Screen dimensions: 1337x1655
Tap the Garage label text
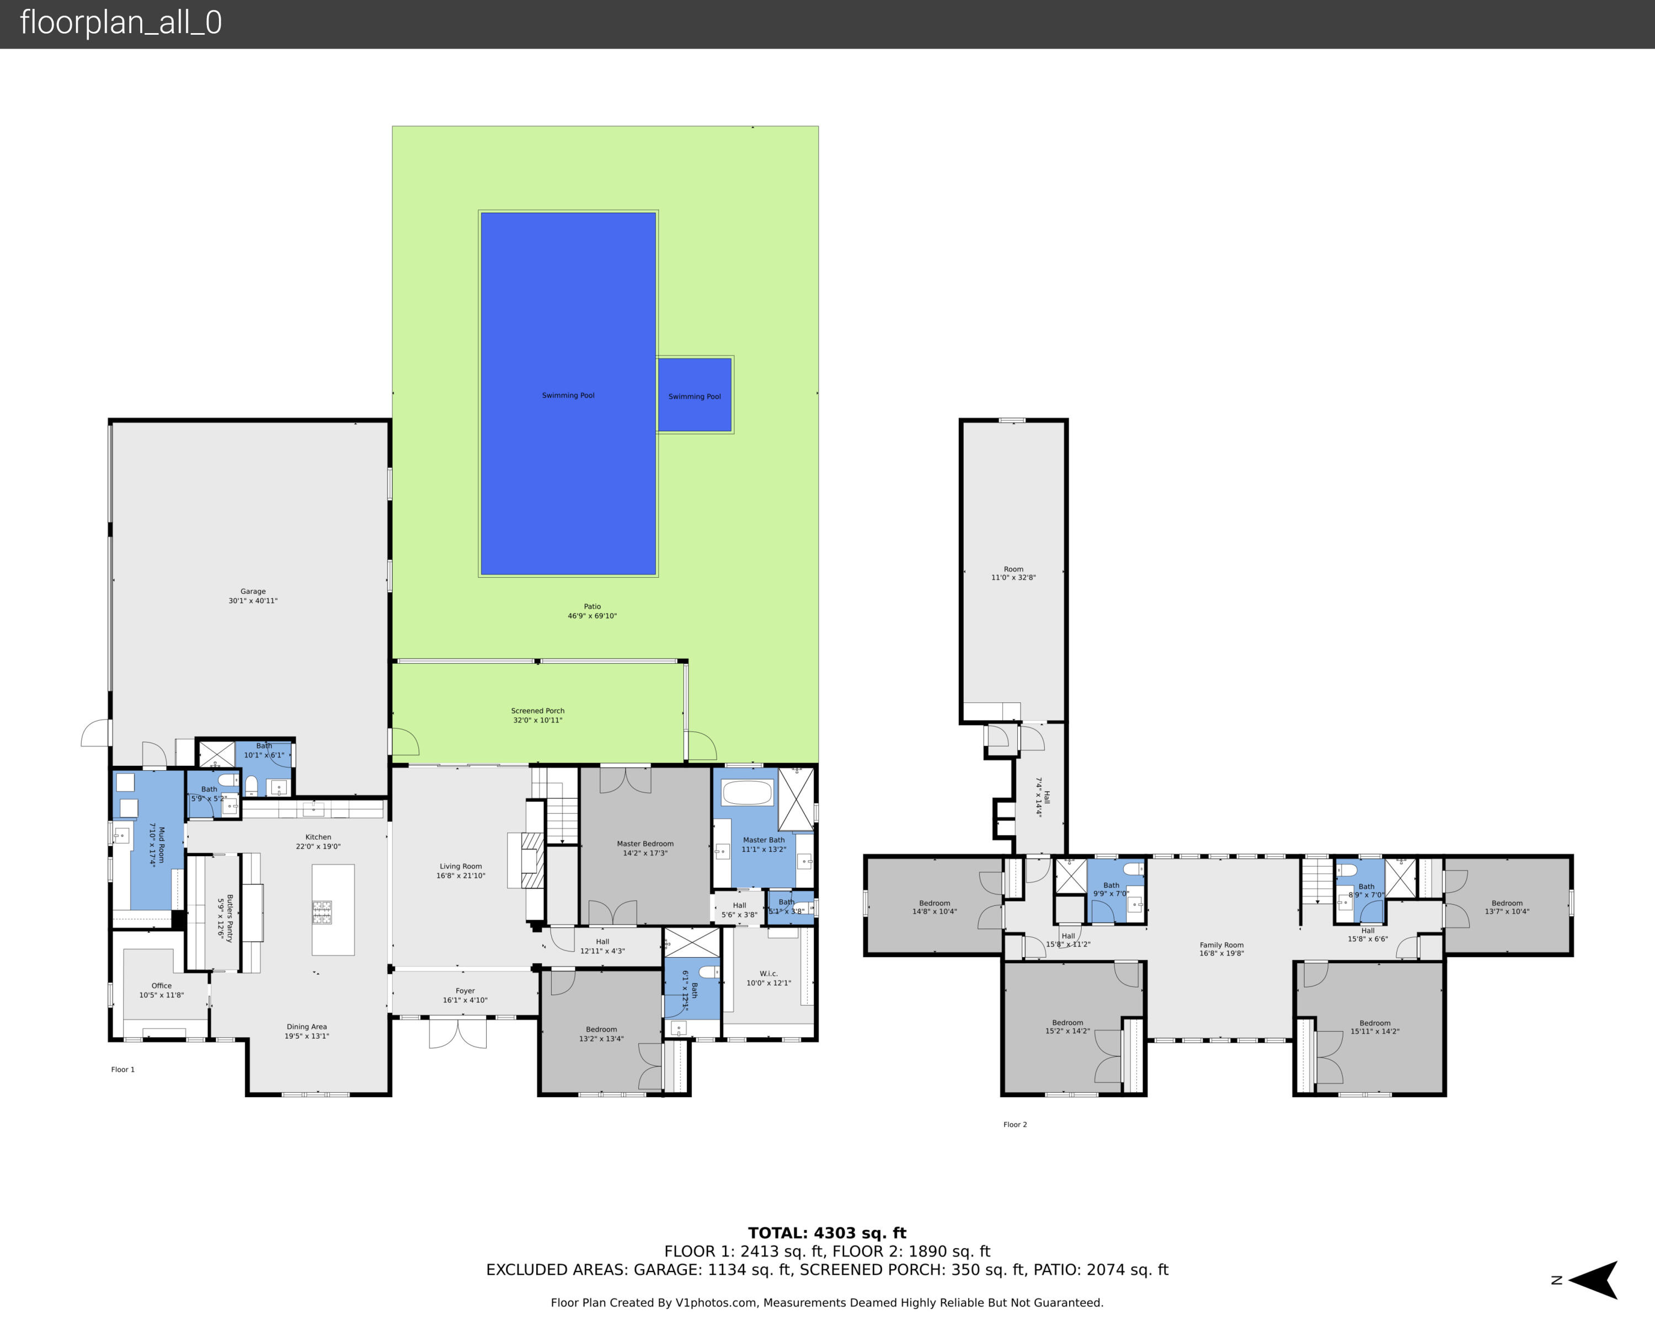tap(253, 596)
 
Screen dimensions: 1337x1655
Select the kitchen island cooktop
tap(322, 912)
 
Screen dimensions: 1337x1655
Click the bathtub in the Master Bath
tap(746, 792)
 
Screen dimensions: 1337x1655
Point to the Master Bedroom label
tap(645, 848)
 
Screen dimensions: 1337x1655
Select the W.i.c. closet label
tap(768, 978)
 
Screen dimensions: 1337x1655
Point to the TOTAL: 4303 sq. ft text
tap(827, 1233)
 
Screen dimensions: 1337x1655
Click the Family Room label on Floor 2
tap(1221, 949)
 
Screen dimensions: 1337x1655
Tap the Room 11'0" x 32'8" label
tap(1013, 573)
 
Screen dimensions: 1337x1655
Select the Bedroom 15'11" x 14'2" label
tap(1375, 1027)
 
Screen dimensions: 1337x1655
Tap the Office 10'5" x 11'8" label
tap(162, 990)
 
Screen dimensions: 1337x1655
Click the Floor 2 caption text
tap(1015, 1124)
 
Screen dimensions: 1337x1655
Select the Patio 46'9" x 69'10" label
tap(592, 611)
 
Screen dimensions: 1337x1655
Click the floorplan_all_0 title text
tap(121, 23)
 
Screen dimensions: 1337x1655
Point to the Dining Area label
tap(307, 1031)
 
